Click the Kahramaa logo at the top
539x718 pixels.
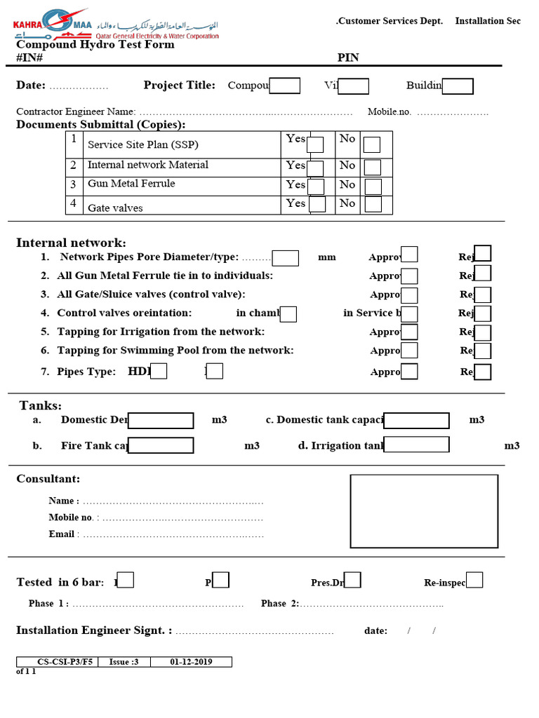pos(116,25)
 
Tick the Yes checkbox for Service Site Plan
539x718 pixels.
pos(315,144)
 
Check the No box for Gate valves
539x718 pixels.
pos(373,204)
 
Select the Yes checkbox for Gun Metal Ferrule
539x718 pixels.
pos(316,187)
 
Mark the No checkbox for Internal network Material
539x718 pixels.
pos(373,168)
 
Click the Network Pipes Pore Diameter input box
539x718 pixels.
pos(286,258)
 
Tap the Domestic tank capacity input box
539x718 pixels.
pos(416,421)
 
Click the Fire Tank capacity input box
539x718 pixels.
pos(161,446)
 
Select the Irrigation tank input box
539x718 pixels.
pos(416,445)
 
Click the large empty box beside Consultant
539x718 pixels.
pos(424,511)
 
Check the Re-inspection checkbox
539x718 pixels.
pos(474,580)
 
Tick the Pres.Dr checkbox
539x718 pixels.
pos(353,580)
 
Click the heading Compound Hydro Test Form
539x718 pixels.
pos(95,44)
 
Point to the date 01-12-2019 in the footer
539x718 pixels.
pos(191,662)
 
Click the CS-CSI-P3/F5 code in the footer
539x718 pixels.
pos(58,662)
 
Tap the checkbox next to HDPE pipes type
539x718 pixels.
pos(159,371)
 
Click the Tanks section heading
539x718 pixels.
pos(41,406)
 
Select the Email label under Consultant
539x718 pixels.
pos(61,534)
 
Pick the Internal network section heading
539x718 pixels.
pos(71,243)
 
